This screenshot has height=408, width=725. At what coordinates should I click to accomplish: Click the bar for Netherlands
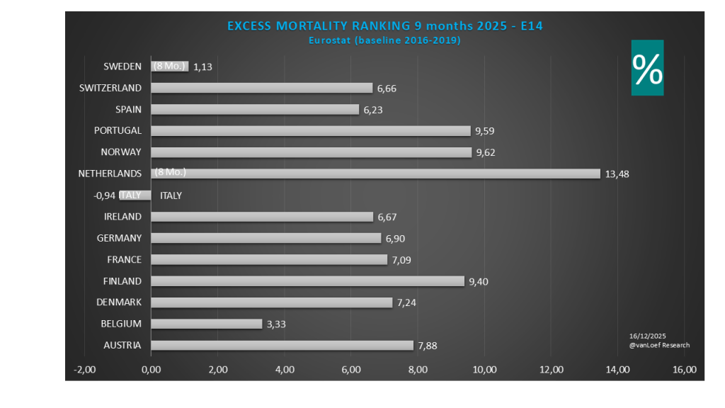[375, 174]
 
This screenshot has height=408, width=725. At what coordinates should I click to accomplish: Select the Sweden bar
[170, 67]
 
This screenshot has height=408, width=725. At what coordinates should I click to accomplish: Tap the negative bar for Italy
[135, 195]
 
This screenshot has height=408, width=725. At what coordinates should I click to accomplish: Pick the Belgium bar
[206, 324]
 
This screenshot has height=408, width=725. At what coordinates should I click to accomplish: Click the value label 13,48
[617, 174]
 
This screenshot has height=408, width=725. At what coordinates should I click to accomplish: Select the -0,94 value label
[107, 195]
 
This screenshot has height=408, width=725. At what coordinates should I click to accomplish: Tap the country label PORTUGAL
[118, 130]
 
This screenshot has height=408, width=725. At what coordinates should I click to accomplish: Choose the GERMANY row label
[119, 238]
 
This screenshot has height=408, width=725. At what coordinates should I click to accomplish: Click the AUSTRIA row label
[121, 346]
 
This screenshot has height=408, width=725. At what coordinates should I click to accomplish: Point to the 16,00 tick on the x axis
[685, 369]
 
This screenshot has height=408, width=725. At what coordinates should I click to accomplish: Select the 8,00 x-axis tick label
[418, 369]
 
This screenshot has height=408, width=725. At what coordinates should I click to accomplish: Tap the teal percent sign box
[647, 67]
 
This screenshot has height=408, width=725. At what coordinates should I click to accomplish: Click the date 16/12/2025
[647, 336]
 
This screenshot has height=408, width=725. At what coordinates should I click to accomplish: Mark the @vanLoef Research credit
[658, 345]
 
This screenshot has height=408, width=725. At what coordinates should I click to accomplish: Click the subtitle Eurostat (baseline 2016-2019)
[384, 40]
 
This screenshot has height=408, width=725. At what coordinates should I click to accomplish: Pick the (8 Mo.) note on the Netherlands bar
[171, 172]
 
